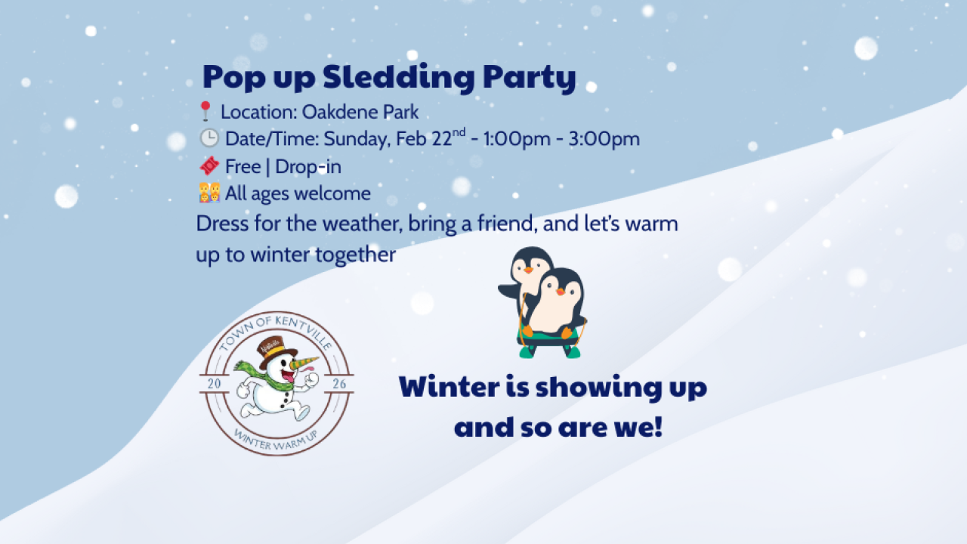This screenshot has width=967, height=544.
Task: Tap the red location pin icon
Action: (205, 112)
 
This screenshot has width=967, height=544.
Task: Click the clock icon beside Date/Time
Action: (208, 138)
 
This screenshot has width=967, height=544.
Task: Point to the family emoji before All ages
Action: (209, 193)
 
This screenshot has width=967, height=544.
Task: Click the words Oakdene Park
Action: (360, 113)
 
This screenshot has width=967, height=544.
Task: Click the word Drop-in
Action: (307, 166)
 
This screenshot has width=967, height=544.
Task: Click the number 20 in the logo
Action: (214, 384)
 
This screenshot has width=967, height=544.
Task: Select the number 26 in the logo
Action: (339, 384)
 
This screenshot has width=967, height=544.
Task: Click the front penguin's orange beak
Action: (560, 291)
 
